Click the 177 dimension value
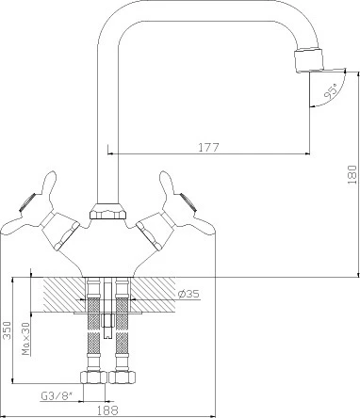tap(208, 147)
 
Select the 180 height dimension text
tap(352, 174)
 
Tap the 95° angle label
tap(332, 91)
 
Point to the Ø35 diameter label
tap(188, 294)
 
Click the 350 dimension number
tap(7, 330)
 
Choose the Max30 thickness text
tap(26, 339)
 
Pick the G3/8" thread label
tap(57, 396)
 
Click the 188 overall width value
tap(107, 410)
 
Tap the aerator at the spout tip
tap(309, 59)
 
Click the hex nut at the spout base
tap(108, 212)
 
